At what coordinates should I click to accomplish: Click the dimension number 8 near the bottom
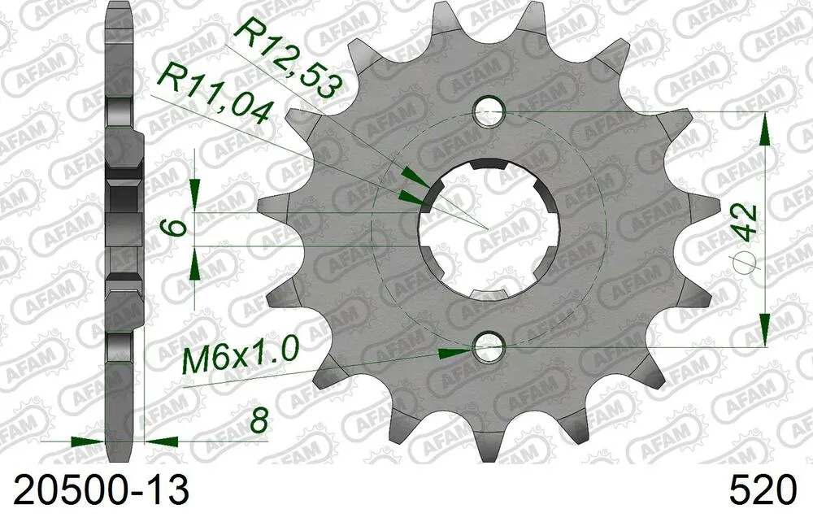point(259,421)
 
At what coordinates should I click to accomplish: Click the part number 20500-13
point(97,491)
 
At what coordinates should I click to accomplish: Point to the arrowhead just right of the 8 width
point(162,442)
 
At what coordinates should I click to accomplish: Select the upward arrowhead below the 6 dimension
point(195,262)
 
